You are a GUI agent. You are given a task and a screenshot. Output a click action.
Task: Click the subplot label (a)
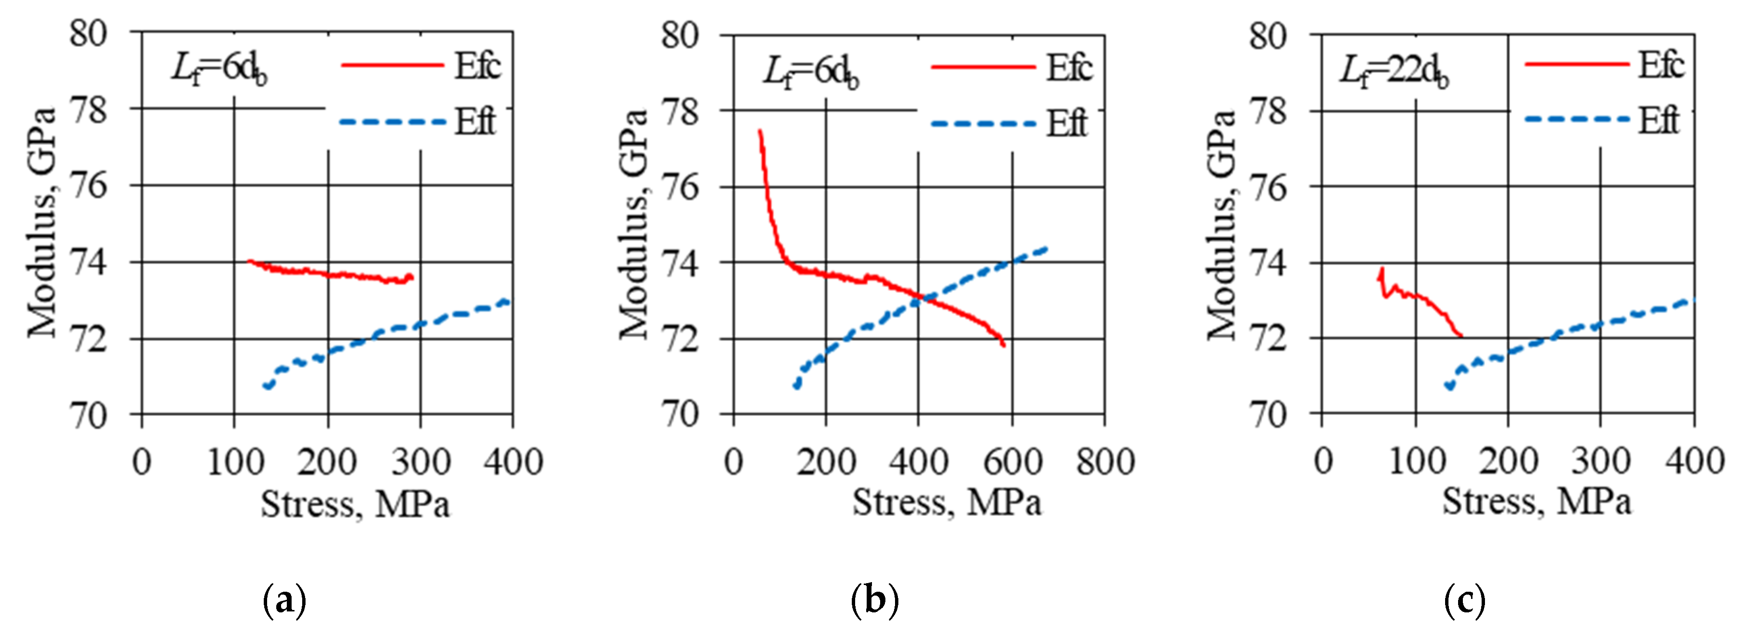point(284,599)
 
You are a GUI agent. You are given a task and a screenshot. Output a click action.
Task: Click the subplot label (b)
point(875,599)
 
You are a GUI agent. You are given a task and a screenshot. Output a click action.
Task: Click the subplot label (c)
point(1464,599)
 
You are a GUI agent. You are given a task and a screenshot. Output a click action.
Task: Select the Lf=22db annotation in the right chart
point(1394,71)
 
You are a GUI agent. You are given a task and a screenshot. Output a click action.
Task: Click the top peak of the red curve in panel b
point(760,131)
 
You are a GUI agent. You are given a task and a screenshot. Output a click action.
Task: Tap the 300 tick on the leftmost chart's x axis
point(421,463)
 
